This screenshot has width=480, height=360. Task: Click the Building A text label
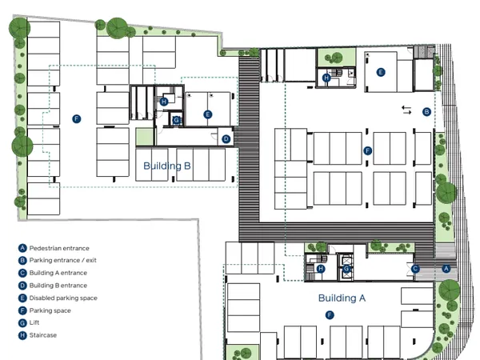point(342,298)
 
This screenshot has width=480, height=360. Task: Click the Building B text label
point(167,166)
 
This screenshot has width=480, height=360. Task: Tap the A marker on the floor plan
point(446,269)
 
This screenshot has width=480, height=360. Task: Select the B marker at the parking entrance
point(426,112)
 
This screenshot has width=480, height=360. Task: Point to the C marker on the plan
point(415,269)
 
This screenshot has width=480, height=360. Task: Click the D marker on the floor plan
point(226,139)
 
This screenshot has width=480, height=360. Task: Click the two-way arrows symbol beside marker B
point(406,110)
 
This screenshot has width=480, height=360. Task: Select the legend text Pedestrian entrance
point(59,248)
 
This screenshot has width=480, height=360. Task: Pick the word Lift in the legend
point(34,322)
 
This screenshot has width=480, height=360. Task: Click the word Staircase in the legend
point(43,335)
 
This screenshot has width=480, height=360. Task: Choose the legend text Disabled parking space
point(63,298)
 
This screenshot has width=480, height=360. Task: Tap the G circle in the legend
point(22,323)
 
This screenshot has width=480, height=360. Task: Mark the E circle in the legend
point(22,298)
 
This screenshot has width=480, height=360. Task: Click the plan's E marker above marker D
point(207,114)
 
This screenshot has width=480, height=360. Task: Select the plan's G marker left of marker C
point(346,269)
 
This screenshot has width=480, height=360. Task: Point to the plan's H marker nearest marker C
point(321,269)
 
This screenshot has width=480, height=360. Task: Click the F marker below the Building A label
point(330,315)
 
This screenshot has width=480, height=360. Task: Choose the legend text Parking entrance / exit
point(62,261)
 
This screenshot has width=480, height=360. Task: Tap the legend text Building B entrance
point(58,286)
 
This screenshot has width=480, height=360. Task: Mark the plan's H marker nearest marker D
point(164,102)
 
